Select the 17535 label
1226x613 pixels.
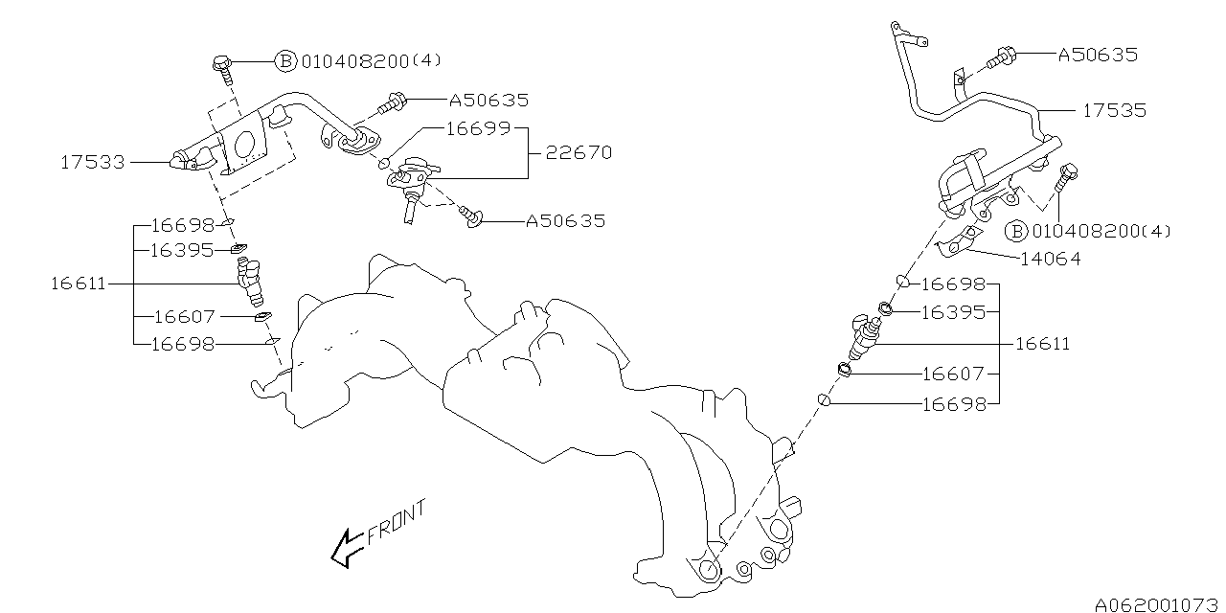pyautogui.click(x=1114, y=110)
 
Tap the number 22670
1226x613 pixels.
pyautogui.click(x=579, y=152)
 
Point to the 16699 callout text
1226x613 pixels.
pyautogui.click(x=478, y=128)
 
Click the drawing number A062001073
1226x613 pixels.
pyautogui.click(x=1155, y=603)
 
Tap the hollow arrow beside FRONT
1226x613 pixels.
pyautogui.click(x=343, y=550)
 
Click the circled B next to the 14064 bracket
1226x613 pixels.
pyautogui.click(x=1017, y=231)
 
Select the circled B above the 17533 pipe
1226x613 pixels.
pyautogui.click(x=286, y=60)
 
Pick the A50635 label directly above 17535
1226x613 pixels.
pyautogui.click(x=1098, y=55)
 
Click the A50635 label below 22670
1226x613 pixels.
pyautogui.click(x=565, y=221)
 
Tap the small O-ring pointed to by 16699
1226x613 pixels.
pyautogui.click(x=384, y=162)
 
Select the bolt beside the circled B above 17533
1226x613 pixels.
pyautogui.click(x=220, y=66)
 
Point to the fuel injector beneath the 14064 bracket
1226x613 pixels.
pyautogui.click(x=865, y=338)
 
